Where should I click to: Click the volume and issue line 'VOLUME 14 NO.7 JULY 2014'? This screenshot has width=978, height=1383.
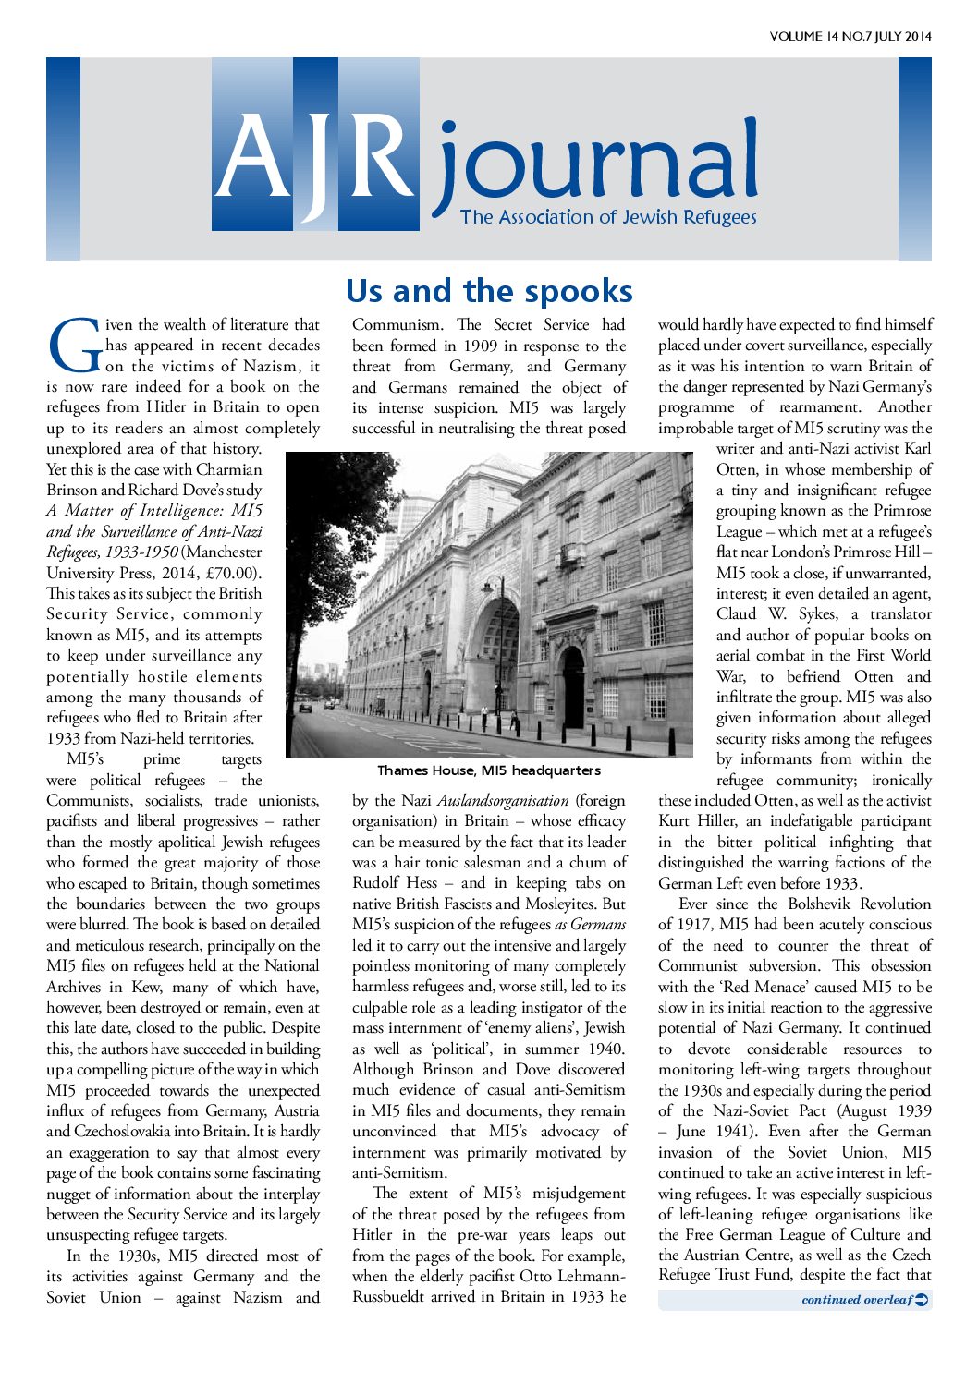coord(850,37)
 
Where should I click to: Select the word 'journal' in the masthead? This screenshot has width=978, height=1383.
coord(596,166)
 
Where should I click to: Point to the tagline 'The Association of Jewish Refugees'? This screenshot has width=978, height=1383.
coord(608,217)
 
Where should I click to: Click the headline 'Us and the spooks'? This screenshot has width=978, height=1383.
coord(489,291)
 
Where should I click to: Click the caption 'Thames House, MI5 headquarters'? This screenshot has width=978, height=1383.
coord(488,770)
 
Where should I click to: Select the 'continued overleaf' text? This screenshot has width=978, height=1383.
coord(856,1300)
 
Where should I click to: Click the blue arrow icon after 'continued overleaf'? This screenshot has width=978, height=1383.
coord(921,1300)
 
